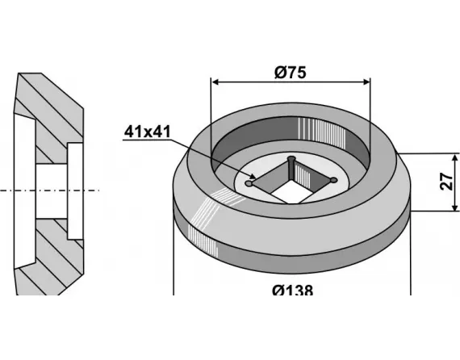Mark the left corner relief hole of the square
click(x=249, y=184)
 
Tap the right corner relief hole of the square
click(x=332, y=179)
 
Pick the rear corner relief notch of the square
click(x=291, y=158)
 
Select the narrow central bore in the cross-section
click(x=50, y=190)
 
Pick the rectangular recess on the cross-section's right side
click(x=74, y=190)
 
